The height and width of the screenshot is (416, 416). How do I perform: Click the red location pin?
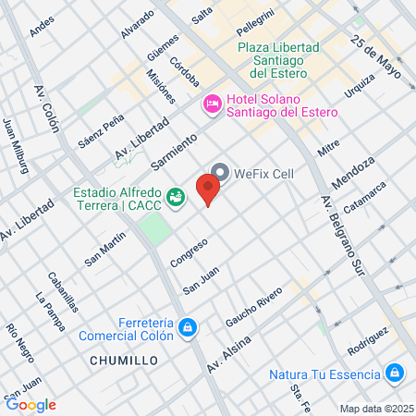[x=209, y=191]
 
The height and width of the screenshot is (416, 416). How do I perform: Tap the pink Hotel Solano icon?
[x=211, y=104]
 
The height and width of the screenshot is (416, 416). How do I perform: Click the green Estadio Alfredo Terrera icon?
[x=175, y=195]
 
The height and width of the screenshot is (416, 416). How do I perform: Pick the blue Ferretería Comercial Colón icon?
[x=188, y=327]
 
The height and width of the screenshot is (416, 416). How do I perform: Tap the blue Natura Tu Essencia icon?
[x=395, y=373]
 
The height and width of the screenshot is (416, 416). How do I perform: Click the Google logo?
[x=31, y=404]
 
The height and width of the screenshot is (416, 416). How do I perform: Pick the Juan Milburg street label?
[x=17, y=145]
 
